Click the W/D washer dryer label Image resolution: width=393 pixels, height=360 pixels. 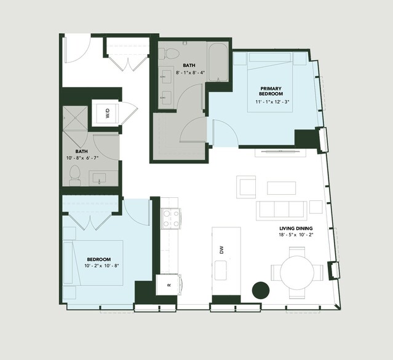(108, 114)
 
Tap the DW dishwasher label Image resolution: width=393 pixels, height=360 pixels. (221, 250)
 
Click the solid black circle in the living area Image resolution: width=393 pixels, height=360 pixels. (261, 291)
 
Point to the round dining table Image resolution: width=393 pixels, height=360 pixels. (297, 273)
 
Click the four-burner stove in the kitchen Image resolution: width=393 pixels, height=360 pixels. (171, 218)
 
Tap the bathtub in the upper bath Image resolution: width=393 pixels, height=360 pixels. (218, 63)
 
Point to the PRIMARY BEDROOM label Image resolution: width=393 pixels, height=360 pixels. (271, 91)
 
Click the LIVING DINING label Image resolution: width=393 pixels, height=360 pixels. (296, 229)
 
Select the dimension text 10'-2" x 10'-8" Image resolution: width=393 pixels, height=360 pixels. (101, 265)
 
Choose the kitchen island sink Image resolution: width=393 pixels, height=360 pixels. (221, 270)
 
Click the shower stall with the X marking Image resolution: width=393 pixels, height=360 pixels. (75, 118)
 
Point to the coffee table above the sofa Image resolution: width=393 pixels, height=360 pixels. (281, 188)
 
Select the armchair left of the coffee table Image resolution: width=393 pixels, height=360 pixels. (246, 187)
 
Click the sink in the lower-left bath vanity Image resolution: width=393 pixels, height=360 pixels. (100, 178)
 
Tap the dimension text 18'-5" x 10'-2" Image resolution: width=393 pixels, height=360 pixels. (296, 235)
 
